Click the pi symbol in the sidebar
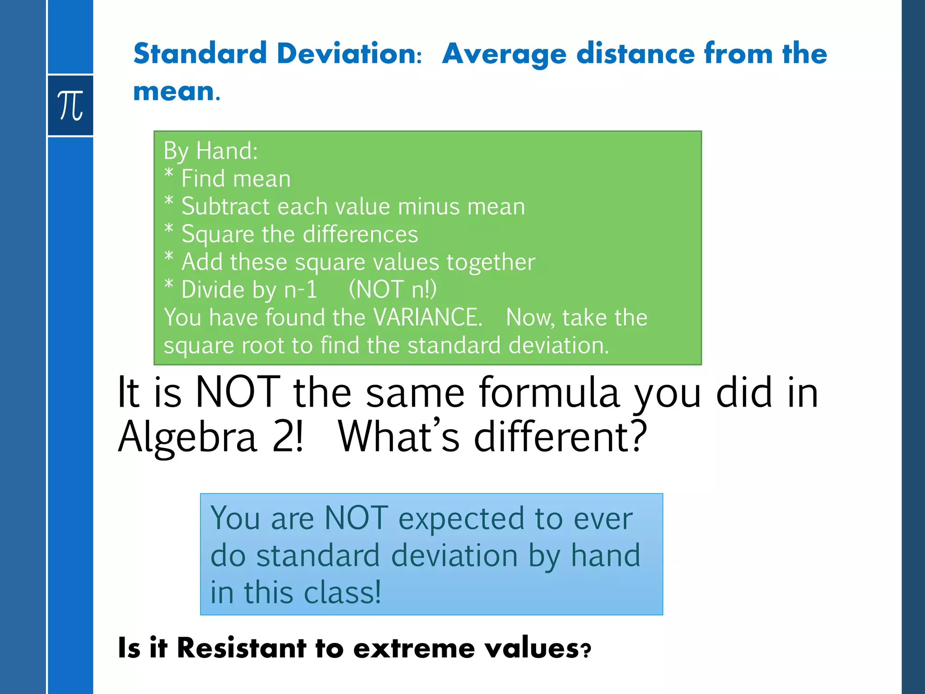70,105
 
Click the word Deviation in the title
349,53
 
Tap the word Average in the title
504,54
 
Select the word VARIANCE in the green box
428,317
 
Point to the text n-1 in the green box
301,290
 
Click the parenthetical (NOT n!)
392,290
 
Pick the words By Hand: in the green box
210,150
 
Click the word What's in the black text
398,436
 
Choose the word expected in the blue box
462,519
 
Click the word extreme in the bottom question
414,648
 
